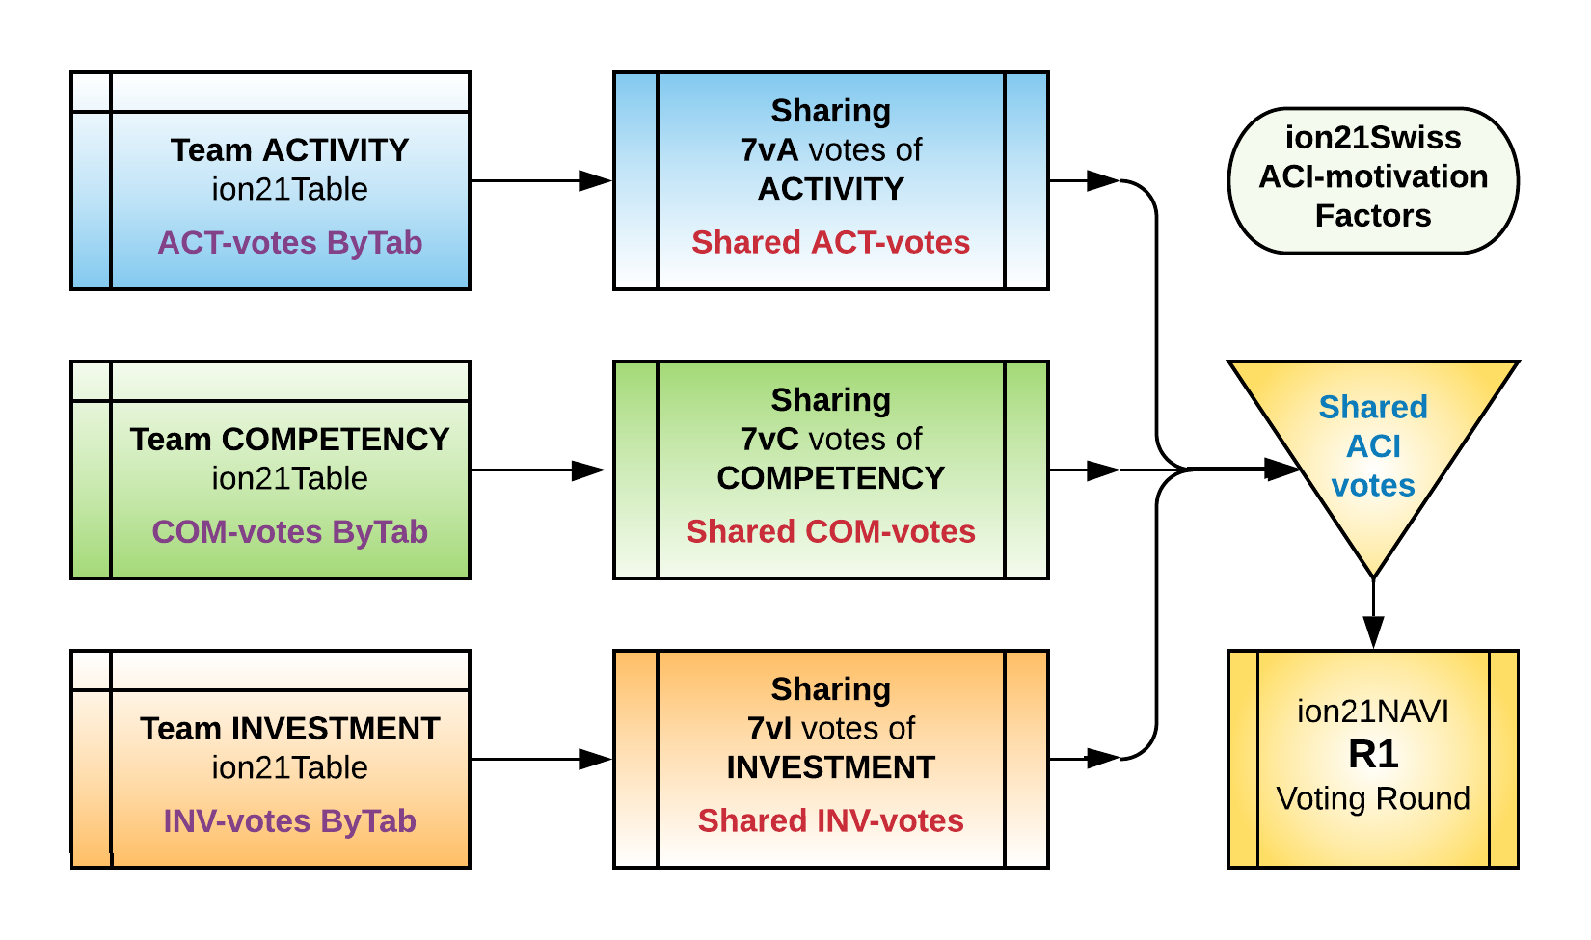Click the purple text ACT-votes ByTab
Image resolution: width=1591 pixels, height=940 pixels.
pos(289,243)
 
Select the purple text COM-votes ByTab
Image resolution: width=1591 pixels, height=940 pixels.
pos(289,532)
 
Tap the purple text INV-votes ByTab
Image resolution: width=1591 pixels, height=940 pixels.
pos(289,821)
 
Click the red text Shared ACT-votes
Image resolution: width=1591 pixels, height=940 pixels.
pos(830,243)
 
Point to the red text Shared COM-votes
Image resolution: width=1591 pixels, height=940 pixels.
pos(830,532)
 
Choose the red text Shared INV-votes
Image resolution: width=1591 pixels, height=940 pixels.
pos(830,821)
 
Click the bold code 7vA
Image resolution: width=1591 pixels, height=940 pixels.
pos(769,150)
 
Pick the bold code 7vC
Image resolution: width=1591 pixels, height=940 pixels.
pos(769,440)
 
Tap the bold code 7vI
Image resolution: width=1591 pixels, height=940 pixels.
pos(769,729)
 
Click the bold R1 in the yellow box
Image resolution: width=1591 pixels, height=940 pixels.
pos(1373,754)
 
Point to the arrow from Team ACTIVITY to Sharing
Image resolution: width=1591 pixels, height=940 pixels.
pos(541,180)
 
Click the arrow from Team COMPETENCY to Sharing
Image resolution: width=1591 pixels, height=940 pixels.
pos(541,470)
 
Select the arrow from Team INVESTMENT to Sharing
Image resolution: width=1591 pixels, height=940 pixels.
pos(541,760)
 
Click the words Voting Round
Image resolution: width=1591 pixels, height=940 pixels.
pos(1373,799)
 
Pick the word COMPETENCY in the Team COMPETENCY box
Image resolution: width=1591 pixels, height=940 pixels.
pos(335,440)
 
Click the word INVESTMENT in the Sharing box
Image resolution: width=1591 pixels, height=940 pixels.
pos(830,767)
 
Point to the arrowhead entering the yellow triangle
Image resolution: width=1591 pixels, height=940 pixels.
pos(1283,470)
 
